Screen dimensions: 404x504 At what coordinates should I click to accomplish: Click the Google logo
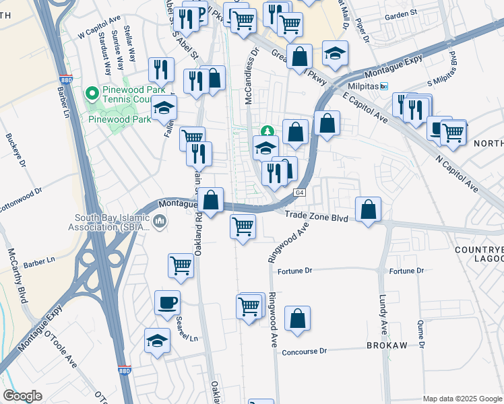point(22,396)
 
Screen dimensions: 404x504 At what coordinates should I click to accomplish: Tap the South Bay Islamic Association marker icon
point(160,222)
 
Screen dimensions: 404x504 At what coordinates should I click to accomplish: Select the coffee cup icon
point(167,303)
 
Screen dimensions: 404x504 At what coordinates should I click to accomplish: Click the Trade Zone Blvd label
point(315,217)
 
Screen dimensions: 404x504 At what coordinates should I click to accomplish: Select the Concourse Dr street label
point(304,351)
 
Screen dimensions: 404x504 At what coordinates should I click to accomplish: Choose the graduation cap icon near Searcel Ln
point(157,341)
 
